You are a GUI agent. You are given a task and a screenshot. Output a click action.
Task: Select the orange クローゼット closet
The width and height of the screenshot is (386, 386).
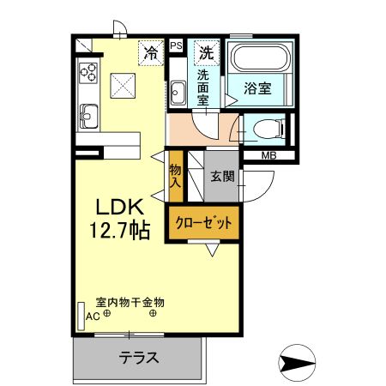coord(204,223)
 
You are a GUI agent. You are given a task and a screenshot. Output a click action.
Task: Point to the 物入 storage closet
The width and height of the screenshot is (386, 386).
coord(176,176)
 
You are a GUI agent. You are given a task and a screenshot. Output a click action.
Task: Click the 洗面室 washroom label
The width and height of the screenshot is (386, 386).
coord(204,87)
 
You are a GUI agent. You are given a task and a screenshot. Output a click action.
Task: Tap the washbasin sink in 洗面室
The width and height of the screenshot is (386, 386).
coord(178,92)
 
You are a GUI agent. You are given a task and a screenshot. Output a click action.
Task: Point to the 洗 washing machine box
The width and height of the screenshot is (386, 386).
coord(207,51)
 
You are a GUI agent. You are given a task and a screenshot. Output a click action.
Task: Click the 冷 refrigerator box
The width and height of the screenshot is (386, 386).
coord(151,52)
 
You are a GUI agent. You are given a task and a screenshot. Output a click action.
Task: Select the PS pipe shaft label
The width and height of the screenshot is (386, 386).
coord(176,45)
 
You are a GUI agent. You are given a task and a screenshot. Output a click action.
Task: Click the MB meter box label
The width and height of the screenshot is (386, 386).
coord(269,155)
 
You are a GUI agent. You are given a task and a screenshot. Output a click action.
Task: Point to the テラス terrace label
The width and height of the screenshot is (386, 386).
coord(138,359)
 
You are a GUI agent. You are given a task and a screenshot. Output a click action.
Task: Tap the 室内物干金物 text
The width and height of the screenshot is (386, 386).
coord(130,302)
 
